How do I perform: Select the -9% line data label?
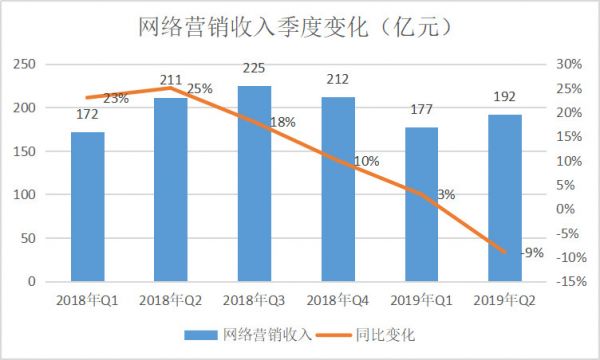pos(532,253)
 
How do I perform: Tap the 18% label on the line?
pos(283,123)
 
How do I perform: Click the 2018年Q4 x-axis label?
pos(338,299)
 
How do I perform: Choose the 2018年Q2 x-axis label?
pos(171,299)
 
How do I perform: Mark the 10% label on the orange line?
pos(366,161)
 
